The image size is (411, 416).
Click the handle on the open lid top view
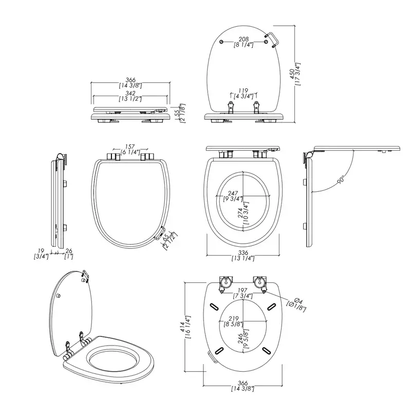click(272, 39)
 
